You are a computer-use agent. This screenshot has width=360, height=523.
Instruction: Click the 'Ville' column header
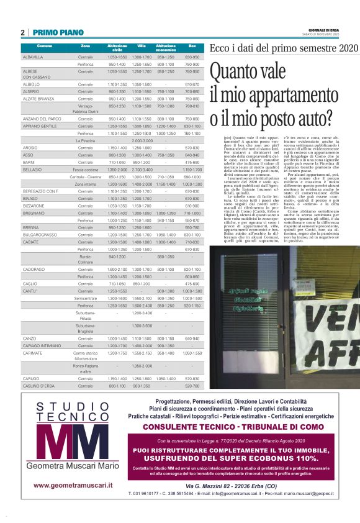coord(142,47)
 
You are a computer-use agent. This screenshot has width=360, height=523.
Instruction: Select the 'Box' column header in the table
coord(192,47)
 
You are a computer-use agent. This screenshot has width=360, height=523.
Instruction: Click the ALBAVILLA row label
coord(33,57)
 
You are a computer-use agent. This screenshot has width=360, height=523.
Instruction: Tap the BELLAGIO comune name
coord(32,169)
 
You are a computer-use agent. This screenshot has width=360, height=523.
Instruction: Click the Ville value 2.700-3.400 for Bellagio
coord(142,169)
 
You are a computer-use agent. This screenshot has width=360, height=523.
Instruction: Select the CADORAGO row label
coord(34,269)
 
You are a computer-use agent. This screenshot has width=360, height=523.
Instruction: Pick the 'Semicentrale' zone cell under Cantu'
coord(86,298)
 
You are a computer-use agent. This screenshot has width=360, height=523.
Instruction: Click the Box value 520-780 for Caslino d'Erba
coord(192,386)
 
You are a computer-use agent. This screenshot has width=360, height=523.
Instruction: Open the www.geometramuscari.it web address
coord(73,485)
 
